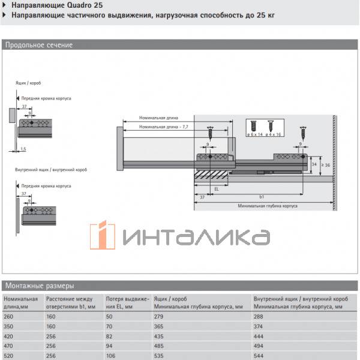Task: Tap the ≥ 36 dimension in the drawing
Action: click(x=328, y=166)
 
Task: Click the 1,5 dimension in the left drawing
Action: click(x=23, y=148)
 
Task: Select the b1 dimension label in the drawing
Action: click(x=262, y=196)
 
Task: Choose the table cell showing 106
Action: click(x=112, y=355)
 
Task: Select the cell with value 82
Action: click(x=110, y=335)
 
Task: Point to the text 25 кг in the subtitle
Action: click(x=263, y=16)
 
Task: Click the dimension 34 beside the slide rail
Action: click(x=314, y=164)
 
